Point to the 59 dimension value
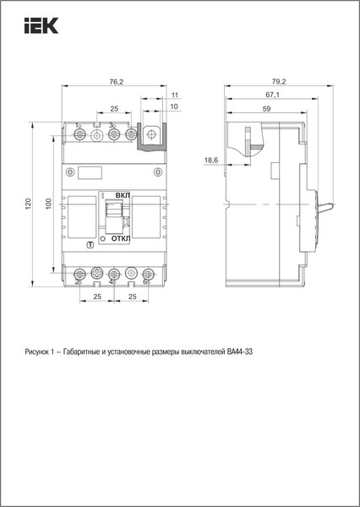pyautogui.click(x=266, y=108)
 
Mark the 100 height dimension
pyautogui.click(x=49, y=204)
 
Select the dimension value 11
pyautogui.click(x=174, y=96)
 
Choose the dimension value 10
pyautogui.click(x=174, y=108)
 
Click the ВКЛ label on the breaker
pyautogui.click(x=123, y=194)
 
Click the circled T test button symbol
pyautogui.click(x=90, y=245)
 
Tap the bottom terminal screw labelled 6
pyautogui.click(x=149, y=274)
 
